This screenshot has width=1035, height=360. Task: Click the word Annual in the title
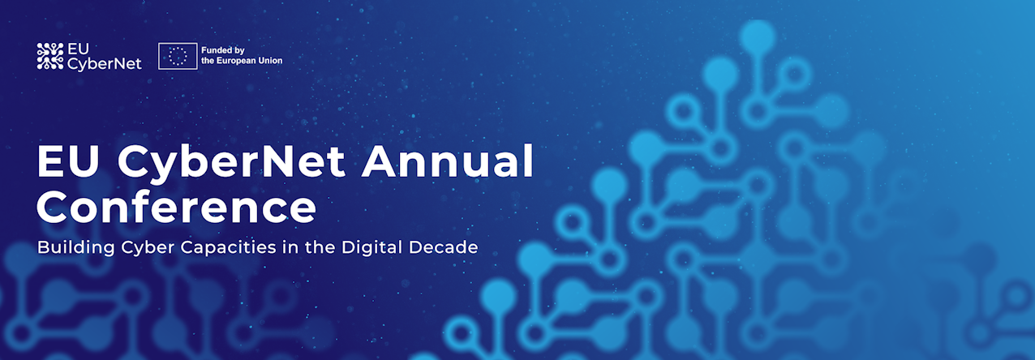(x=447, y=161)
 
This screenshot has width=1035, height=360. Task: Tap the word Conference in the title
(x=177, y=208)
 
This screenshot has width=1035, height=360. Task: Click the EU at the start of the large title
(x=68, y=161)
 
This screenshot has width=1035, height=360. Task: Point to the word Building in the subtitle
(x=75, y=247)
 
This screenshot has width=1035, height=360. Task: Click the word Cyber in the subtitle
(x=148, y=247)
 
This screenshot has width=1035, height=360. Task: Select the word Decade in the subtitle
(x=443, y=247)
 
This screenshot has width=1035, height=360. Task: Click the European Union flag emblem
(x=178, y=57)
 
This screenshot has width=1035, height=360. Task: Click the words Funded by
(x=223, y=50)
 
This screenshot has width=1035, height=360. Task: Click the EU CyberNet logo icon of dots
(x=50, y=57)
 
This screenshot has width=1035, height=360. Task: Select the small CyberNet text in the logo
(x=105, y=64)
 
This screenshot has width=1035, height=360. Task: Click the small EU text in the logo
(x=78, y=49)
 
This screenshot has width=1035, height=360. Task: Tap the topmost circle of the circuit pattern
(x=757, y=36)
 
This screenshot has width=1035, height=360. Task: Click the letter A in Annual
(x=379, y=161)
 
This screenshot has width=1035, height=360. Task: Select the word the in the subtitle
(x=320, y=247)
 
